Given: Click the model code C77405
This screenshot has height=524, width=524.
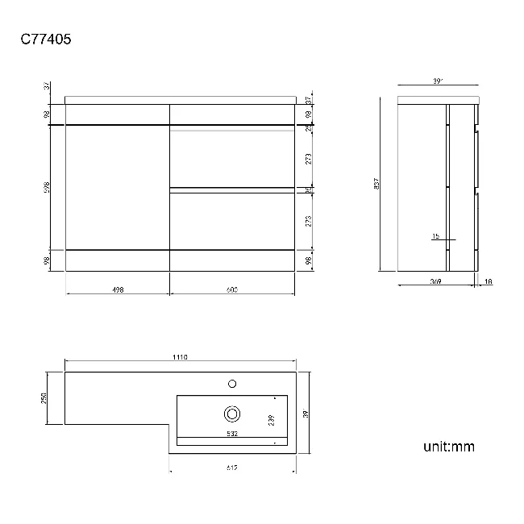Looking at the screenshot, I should click(x=46, y=38).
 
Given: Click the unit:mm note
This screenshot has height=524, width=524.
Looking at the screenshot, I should click(x=448, y=445).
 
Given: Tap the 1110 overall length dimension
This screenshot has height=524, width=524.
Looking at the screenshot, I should click(x=180, y=358).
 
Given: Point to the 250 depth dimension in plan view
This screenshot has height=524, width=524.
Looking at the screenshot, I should click(x=46, y=398).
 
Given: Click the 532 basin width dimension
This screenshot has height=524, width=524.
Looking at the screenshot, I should click(x=231, y=434).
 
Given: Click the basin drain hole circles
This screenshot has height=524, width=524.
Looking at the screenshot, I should click(x=232, y=414).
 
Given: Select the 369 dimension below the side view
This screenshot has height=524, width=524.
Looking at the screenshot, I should click(x=436, y=281).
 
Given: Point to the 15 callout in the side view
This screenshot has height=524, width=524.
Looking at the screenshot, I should click(x=435, y=236).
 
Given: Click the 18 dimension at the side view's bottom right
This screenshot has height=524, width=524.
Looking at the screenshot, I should click(x=489, y=281).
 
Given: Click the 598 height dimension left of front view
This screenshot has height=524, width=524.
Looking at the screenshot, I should click(x=46, y=187).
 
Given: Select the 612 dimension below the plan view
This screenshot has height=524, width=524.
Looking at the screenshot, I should click(x=231, y=468).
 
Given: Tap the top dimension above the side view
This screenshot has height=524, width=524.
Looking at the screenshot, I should click(x=439, y=81).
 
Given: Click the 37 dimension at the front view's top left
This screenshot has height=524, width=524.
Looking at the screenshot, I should click(x=48, y=85).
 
